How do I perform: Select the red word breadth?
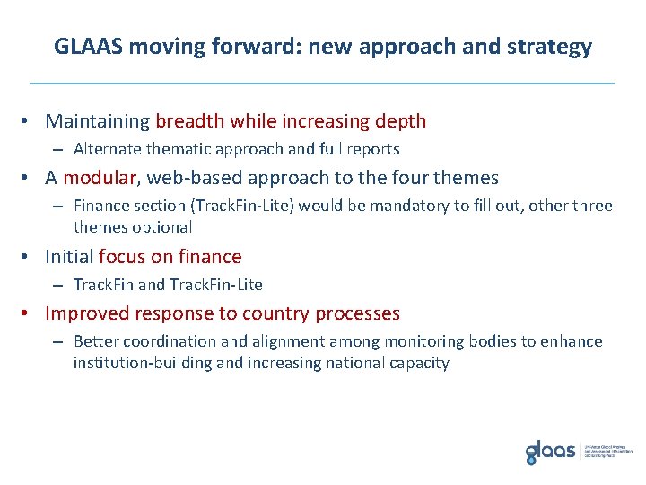190,120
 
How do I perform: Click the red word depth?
400,120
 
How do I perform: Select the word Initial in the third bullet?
69,257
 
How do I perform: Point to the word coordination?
164,341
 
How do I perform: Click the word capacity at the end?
418,363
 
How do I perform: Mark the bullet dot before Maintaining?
31,121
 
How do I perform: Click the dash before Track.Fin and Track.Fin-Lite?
57,285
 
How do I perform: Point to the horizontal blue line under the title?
322,83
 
